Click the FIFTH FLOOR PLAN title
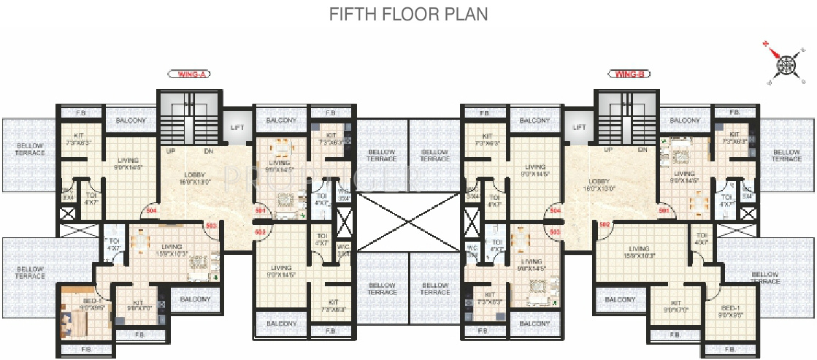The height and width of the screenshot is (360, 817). [408, 14]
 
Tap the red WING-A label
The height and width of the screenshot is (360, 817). [188, 74]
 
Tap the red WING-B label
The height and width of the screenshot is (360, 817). [629, 74]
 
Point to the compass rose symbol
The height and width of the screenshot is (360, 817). [784, 64]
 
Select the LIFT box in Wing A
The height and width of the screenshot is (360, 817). [237, 127]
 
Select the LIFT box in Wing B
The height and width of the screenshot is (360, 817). [580, 127]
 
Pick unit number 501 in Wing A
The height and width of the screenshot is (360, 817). [259, 211]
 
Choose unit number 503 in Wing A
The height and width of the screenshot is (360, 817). [211, 226]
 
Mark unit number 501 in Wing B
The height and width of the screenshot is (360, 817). [664, 210]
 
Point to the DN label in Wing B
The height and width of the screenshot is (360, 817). [643, 150]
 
